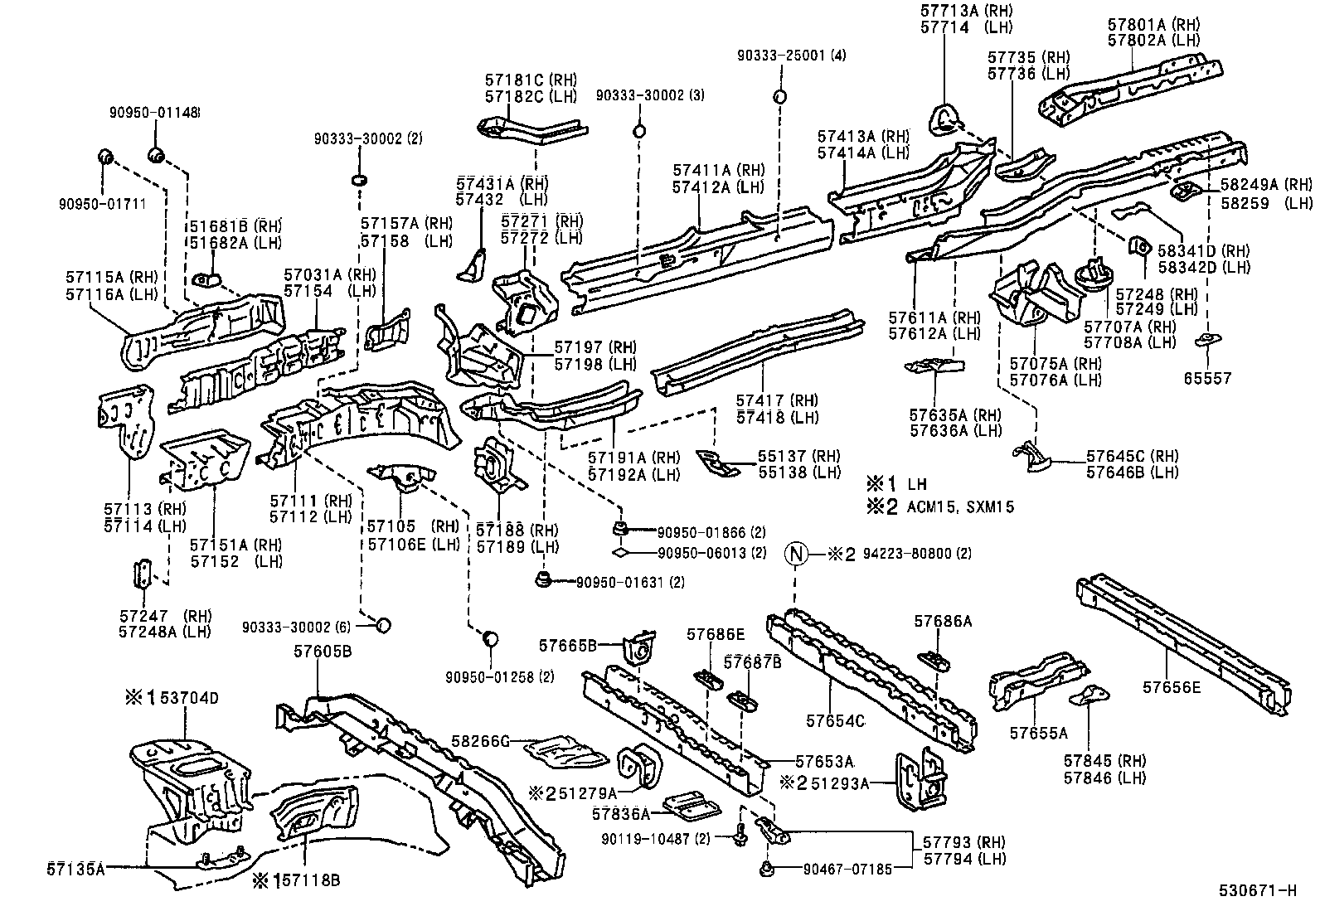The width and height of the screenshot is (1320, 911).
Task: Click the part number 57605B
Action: [x=322, y=652]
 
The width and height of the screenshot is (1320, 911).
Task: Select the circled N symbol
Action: [x=796, y=554]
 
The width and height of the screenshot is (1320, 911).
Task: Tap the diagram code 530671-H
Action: [x=1257, y=891]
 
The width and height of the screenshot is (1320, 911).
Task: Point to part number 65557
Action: [x=1207, y=378]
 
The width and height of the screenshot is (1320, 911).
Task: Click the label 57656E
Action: [x=1171, y=686]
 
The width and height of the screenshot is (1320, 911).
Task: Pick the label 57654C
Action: [x=835, y=721]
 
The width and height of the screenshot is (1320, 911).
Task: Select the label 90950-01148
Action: [x=155, y=113]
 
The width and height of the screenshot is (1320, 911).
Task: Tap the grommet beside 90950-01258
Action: [x=490, y=638]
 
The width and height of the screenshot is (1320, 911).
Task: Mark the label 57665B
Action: [x=568, y=644]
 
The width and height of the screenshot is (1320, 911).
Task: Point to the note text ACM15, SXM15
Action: [x=961, y=506]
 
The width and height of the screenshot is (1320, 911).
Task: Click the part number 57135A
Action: [x=75, y=869]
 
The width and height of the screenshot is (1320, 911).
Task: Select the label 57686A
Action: [x=943, y=620]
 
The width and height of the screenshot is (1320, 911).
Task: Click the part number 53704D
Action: [x=189, y=698]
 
